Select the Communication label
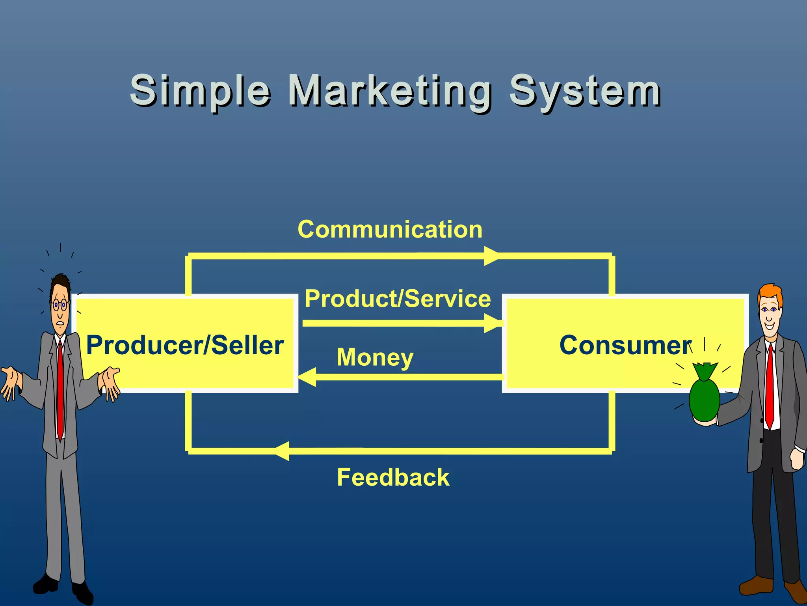tap(390, 229)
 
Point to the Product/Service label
tap(398, 298)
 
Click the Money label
tap(375, 357)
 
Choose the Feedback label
tap(393, 477)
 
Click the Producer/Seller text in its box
tap(185, 345)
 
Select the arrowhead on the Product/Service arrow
tap(493, 324)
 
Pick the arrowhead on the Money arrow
tap(308, 377)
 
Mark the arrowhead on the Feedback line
tap(283, 451)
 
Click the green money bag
tap(705, 398)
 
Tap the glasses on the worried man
tap(60, 305)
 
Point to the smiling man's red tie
tap(769, 387)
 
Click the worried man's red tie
tap(60, 391)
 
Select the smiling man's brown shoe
tap(757, 585)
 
